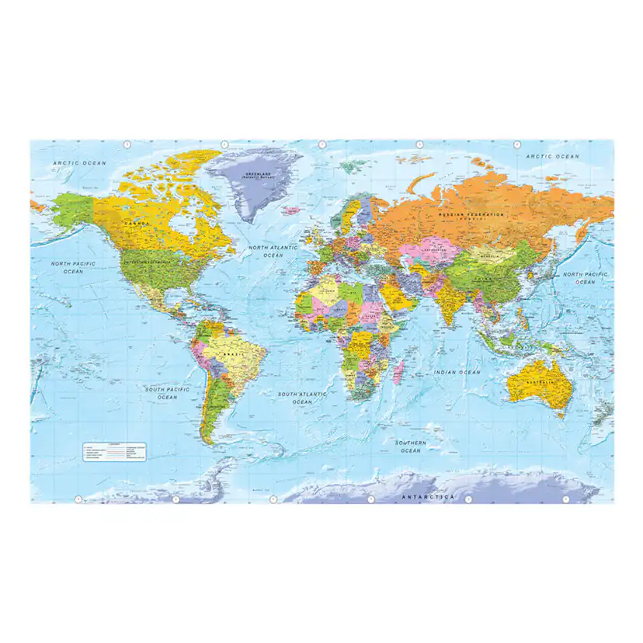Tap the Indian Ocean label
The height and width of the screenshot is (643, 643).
click(x=458, y=373)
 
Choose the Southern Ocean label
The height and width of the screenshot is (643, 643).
click(x=409, y=447)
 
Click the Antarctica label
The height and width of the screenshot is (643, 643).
click(x=427, y=495)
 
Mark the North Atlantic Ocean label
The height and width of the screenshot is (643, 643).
click(x=273, y=251)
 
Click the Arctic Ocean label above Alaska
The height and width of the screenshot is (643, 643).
click(x=78, y=163)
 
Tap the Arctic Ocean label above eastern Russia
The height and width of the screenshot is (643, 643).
click(x=553, y=157)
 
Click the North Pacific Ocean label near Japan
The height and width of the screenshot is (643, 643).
click(x=586, y=278)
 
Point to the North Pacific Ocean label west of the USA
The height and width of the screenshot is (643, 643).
click(x=73, y=267)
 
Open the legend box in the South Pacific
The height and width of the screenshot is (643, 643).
click(x=115, y=450)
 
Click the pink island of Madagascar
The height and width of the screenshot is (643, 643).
click(x=398, y=374)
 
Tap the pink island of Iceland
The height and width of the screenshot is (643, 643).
click(x=291, y=210)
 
